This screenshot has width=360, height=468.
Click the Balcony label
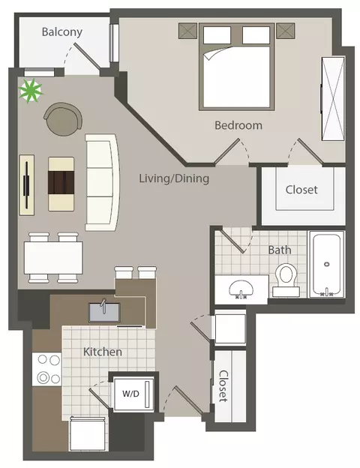pyautogui.click(x=62, y=32)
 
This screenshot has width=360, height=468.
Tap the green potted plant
pyautogui.click(x=30, y=90)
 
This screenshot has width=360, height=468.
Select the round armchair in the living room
pyautogui.click(x=63, y=119)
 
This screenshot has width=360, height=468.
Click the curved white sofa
pyautogui.click(x=102, y=182)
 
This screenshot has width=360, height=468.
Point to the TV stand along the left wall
pyautogui.click(x=27, y=184)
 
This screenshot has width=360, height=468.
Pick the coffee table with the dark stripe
pyautogui.click(x=61, y=184)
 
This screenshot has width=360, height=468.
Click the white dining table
pyautogui.click(x=53, y=258)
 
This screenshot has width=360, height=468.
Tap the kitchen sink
pyautogui.click(x=104, y=312)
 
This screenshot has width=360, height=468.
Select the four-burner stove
pyautogui.click(x=47, y=369)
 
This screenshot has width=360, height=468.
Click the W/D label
pyautogui.click(x=130, y=394)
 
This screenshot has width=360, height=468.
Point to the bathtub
pyautogui.click(x=326, y=264)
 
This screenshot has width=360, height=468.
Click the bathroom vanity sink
pyautogui.click(x=241, y=289)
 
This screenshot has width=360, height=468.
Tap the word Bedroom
pyautogui.click(x=238, y=125)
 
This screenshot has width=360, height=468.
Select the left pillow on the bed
pyautogui.click(x=217, y=35)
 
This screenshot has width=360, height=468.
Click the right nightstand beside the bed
pyautogui.click(x=285, y=31)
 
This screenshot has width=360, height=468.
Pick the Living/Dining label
pyautogui.click(x=174, y=178)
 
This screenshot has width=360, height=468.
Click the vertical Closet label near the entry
pyautogui.click(x=223, y=386)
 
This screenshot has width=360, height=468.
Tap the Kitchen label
pyautogui.click(x=103, y=352)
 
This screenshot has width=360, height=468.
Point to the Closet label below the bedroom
pyautogui.click(x=301, y=190)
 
